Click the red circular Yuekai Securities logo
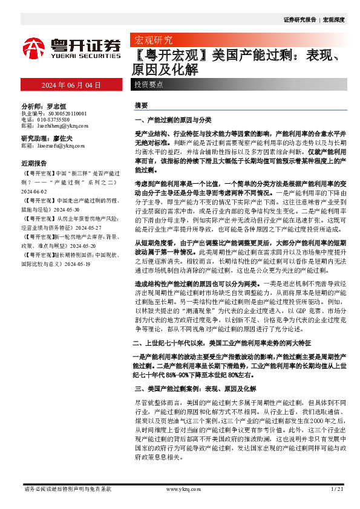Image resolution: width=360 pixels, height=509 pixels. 34,48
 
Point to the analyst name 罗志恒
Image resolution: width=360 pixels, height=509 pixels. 55,105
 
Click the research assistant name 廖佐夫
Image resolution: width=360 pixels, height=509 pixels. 62,138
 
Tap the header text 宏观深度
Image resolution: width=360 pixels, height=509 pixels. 333,20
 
